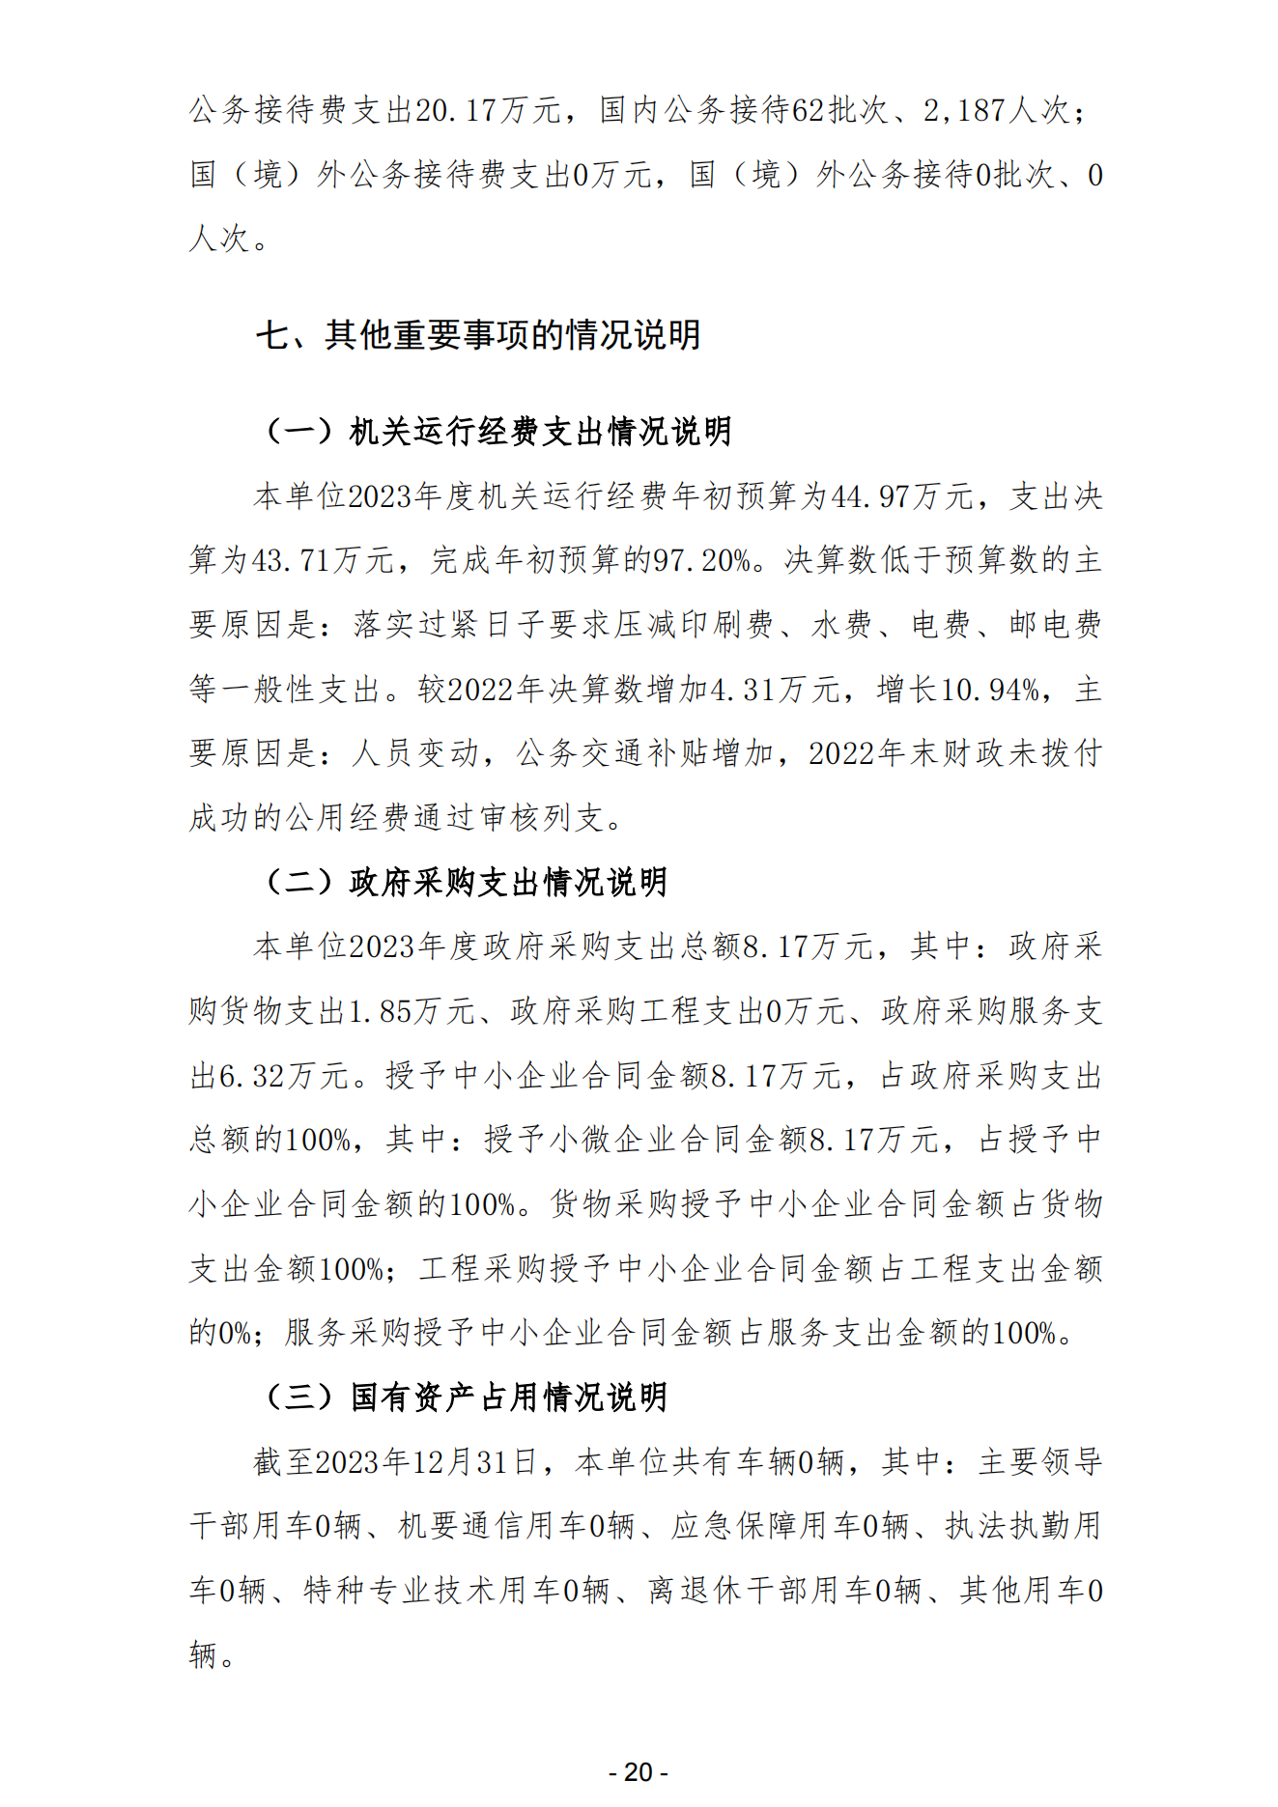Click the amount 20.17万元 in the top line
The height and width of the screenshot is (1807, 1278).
[x=487, y=110]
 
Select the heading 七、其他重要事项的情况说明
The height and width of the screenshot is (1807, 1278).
[x=478, y=335]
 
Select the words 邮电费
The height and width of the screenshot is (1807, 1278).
[x=1055, y=625]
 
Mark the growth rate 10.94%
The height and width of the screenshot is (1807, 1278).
[x=990, y=690]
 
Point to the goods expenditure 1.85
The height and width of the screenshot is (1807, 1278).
[x=381, y=1011]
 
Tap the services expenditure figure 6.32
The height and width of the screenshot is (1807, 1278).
[x=251, y=1076]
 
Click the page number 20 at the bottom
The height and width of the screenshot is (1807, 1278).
[x=639, y=1772]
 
